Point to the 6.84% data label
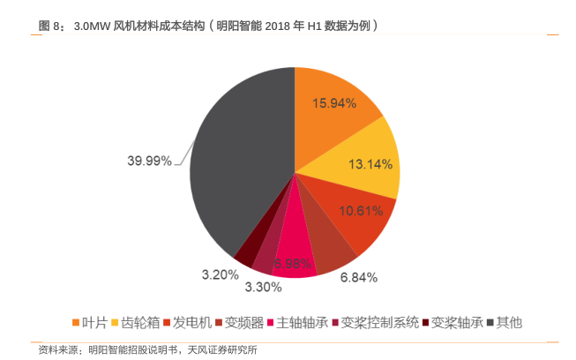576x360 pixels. [359, 277]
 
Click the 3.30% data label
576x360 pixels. [263, 287]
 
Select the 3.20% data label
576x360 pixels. [219, 274]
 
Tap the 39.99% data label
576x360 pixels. [149, 161]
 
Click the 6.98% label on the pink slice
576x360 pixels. [292, 263]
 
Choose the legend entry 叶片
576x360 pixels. [94, 322]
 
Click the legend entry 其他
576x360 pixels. [509, 322]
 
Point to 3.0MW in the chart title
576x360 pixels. [93, 26]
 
